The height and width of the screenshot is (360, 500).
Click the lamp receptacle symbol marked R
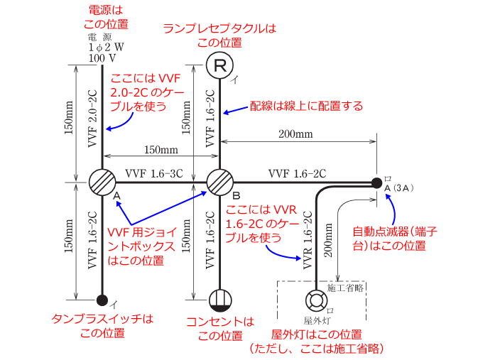coord(220,66)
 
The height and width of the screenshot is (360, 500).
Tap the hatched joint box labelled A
coord(102,182)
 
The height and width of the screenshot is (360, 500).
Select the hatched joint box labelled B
coord(220,182)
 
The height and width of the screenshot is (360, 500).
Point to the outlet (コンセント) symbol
coord(220,299)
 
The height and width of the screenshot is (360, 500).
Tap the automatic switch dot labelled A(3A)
coord(376,182)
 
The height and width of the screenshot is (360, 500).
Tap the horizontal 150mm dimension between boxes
coord(161,151)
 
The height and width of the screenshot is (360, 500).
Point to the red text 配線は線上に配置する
coord(306,106)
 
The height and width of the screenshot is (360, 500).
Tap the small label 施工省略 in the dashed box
coord(346,288)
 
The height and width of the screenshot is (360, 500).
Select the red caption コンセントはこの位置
coord(219,328)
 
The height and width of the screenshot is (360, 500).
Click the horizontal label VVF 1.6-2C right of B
coord(297,173)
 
